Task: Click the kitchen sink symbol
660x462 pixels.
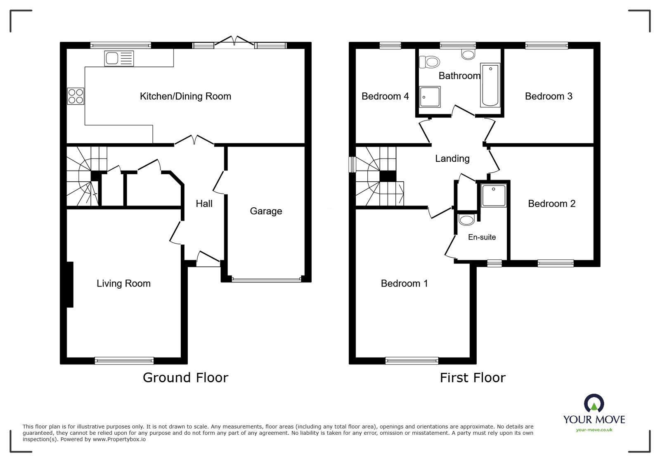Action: click(119, 58)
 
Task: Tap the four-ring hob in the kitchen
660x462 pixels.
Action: click(76, 96)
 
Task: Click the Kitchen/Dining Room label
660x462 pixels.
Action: click(185, 96)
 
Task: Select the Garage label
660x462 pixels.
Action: click(266, 211)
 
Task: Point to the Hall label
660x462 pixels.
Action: click(204, 204)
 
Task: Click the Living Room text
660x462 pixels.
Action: click(123, 283)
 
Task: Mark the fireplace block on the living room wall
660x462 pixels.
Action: click(70, 284)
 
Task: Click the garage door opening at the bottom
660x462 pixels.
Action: click(266, 280)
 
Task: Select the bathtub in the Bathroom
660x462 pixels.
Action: click(490, 85)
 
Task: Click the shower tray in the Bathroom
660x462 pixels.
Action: click(430, 97)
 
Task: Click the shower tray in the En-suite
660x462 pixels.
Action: click(493, 195)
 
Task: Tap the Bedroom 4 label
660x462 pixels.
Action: click(385, 96)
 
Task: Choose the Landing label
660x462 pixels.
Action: click(452, 159)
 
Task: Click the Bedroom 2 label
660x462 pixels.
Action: click(551, 204)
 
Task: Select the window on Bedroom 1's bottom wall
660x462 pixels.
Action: click(412, 361)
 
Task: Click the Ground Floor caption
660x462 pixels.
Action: click(185, 377)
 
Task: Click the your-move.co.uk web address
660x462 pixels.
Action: click(594, 430)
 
